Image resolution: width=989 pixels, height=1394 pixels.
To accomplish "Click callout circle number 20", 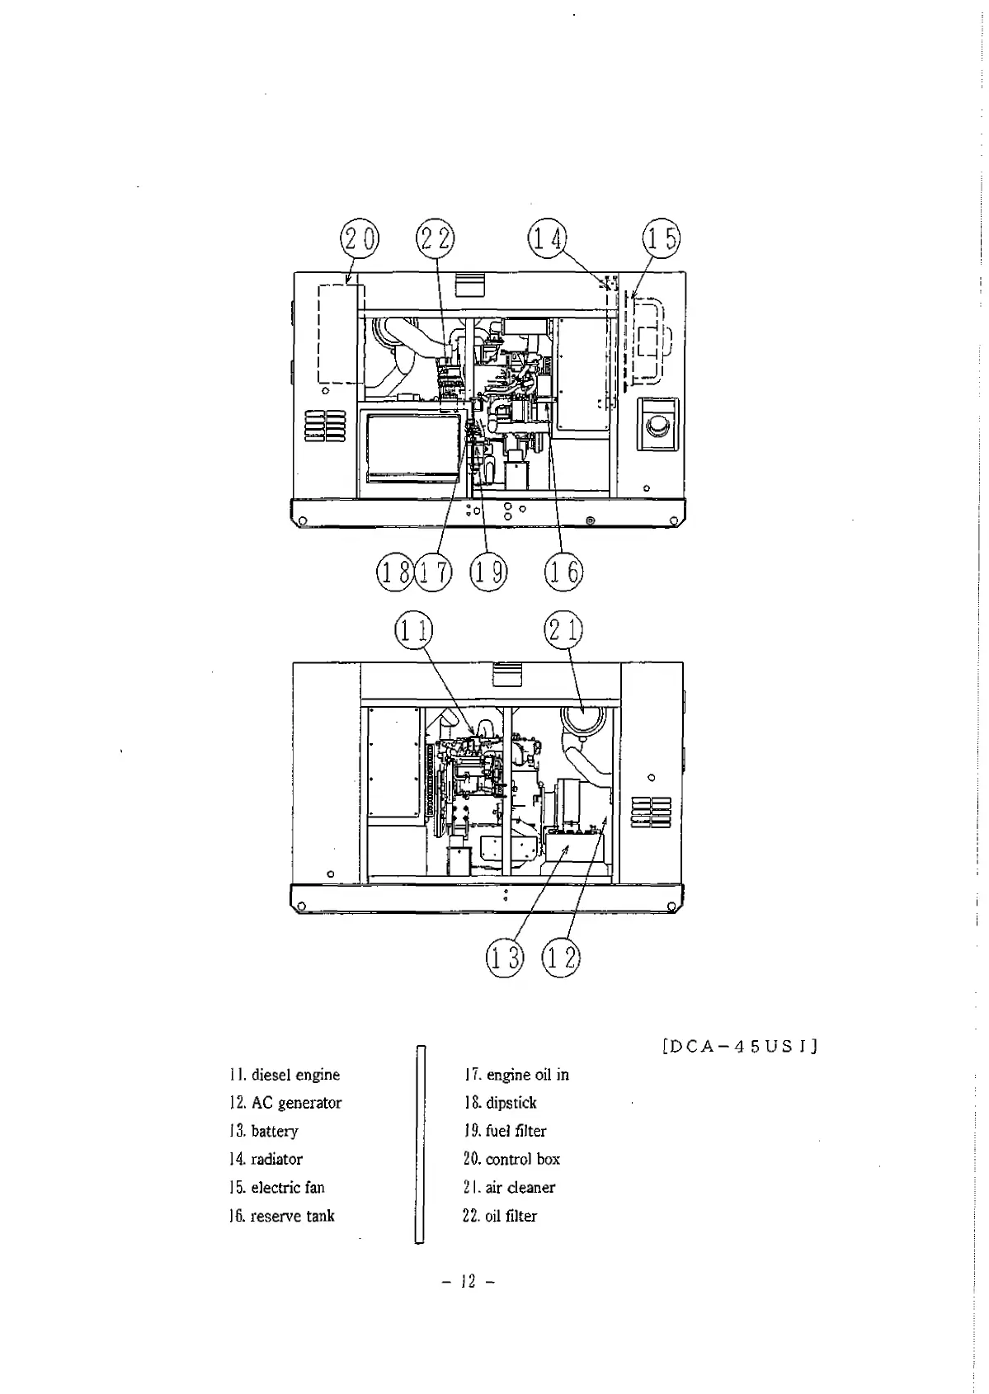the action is tap(359, 239).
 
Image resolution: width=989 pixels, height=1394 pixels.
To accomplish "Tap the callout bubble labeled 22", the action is tap(435, 239).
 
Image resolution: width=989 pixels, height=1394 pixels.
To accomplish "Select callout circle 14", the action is tap(547, 239).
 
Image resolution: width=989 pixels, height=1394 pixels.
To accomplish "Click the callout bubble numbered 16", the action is tap(563, 572).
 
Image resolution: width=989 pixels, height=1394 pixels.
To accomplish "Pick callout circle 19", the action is tap(488, 572).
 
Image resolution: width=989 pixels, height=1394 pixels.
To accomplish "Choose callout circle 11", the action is tap(413, 631).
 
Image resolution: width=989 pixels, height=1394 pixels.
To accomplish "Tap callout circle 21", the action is tap(563, 631).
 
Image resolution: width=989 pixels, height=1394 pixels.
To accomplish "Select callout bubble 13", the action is tap(505, 958).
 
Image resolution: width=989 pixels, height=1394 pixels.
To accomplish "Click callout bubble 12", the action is tap(561, 958).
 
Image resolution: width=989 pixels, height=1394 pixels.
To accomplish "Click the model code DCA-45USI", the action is tap(740, 1048).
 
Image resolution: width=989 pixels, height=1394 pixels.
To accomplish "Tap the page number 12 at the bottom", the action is tap(469, 1282).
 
